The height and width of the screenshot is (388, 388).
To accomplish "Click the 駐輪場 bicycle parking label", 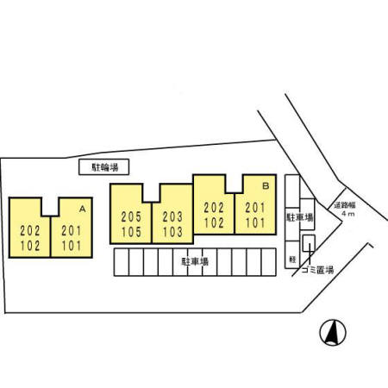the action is click(104, 167).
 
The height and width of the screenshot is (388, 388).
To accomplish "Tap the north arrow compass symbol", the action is click(333, 333).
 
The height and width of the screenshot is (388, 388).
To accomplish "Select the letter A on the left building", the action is click(83, 209).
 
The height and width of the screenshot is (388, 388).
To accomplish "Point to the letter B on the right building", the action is click(266, 186).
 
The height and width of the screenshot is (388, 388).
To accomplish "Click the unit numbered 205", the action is click(131, 217).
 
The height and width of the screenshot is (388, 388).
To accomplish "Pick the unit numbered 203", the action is click(172, 217).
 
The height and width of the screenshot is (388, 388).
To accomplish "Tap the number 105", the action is click(131, 232).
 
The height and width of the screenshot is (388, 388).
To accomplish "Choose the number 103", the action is click(172, 232).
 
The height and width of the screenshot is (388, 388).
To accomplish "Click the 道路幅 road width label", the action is click(345, 205).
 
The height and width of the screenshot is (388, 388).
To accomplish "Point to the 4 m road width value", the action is click(348, 214).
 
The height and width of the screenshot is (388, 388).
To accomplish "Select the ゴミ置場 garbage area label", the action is click(318, 270).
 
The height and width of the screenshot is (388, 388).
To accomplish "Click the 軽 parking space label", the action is click(292, 260).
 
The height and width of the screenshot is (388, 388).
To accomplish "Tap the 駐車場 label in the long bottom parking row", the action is click(195, 261).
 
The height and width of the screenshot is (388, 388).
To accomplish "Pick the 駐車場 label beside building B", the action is click(300, 217).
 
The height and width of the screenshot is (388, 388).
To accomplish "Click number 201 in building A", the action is click(72, 231).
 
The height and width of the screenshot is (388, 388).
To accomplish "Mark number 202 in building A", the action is click(30, 231).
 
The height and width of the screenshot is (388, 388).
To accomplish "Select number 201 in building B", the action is click(255, 208).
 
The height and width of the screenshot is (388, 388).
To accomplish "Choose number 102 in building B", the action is click(214, 222).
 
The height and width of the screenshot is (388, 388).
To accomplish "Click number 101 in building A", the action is click(72, 246).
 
